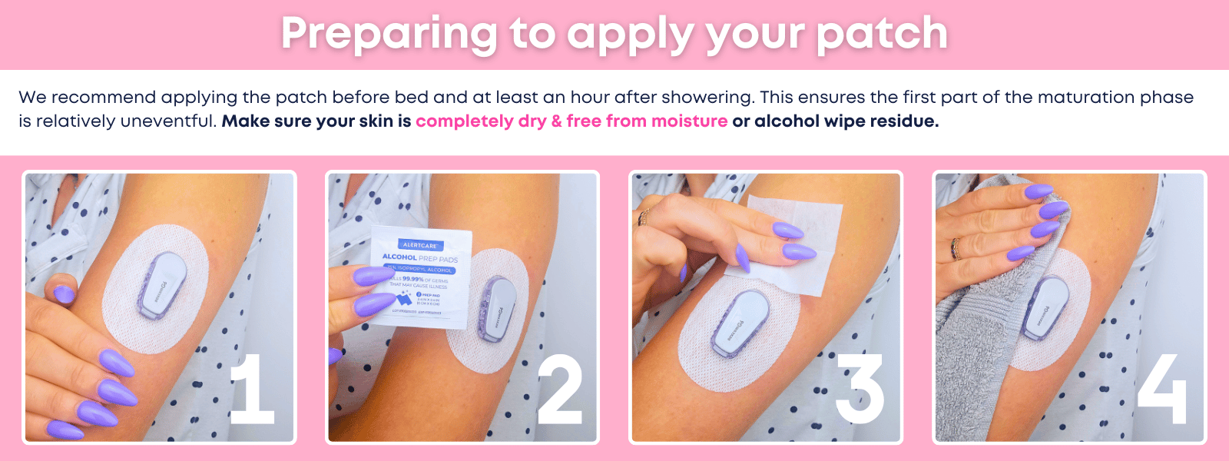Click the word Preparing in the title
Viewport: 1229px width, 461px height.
tap(388, 35)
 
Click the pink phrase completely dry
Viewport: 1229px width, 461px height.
tap(481, 121)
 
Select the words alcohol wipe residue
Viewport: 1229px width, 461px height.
tap(846, 121)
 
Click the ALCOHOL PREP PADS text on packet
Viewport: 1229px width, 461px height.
tap(419, 258)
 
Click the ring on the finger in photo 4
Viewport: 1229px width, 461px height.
tap(956, 247)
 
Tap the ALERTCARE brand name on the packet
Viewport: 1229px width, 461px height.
tap(419, 245)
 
